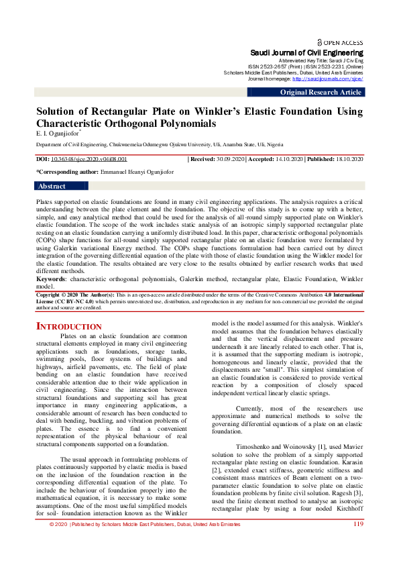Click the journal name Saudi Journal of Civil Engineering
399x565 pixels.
click(x=306, y=52)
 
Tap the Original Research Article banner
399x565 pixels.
click(x=321, y=93)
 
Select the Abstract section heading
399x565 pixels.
click(x=52, y=187)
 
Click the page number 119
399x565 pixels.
click(x=358, y=543)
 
